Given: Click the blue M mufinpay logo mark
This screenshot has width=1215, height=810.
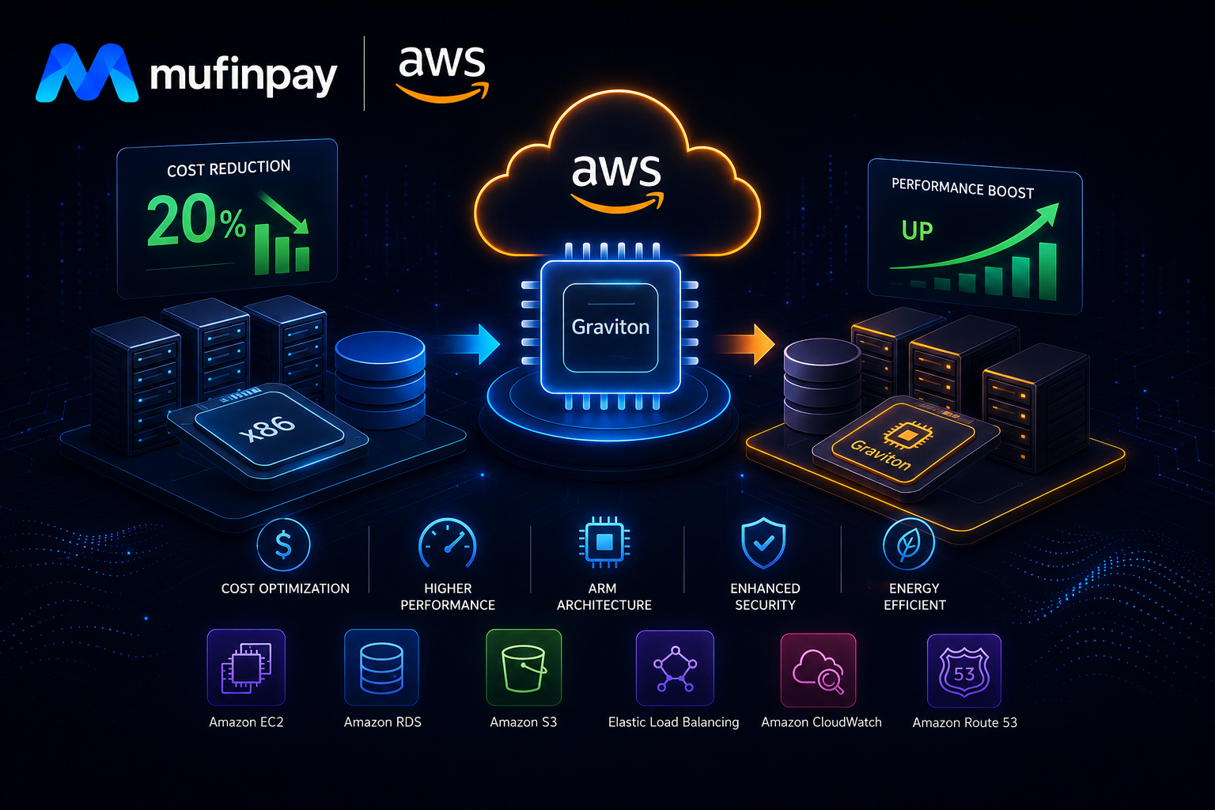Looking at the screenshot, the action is (87, 73).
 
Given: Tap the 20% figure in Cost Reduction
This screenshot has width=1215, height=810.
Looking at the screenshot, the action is (196, 220).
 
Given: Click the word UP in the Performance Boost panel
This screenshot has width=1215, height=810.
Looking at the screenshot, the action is (918, 231).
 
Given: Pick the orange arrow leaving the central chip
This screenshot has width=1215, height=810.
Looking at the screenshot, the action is (745, 344).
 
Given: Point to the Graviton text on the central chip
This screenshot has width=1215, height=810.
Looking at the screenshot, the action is (610, 327).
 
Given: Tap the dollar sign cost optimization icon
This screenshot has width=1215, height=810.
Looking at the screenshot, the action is (283, 545).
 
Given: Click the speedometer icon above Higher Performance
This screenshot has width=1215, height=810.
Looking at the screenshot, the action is (448, 544).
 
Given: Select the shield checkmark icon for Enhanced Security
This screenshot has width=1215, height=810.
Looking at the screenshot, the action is (763, 543).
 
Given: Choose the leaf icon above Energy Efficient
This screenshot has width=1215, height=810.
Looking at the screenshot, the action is (909, 544).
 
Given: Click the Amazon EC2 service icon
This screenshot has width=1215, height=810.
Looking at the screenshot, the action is (246, 668).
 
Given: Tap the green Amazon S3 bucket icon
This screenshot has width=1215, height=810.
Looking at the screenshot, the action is (524, 668).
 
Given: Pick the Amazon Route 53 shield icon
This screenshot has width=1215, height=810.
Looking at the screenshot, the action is (964, 671).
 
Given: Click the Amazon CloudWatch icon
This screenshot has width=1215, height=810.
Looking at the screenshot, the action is (818, 670).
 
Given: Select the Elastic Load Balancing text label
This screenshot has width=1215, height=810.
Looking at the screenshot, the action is (674, 722).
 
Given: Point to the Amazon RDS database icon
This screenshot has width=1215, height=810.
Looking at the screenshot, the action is (381, 668).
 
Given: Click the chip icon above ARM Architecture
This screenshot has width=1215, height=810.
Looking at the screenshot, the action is (604, 542).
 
